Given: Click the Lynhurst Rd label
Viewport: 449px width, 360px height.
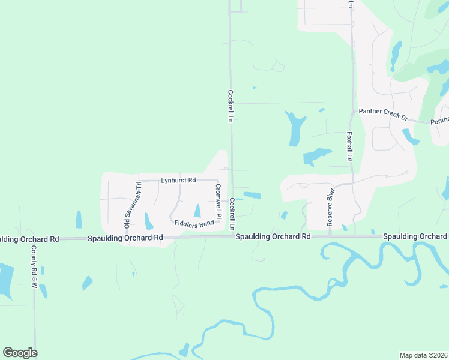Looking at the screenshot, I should point(178,180).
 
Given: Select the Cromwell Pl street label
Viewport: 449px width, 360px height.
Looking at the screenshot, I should point(218,201).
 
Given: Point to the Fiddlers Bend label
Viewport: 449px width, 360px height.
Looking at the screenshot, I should point(194,224).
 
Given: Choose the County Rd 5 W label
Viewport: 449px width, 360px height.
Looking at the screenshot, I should point(34,268).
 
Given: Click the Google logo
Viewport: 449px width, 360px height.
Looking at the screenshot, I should point(20,353).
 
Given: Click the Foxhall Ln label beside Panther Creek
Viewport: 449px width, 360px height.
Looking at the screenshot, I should point(349,147).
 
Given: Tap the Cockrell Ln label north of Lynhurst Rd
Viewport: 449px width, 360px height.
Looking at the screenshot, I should point(230,106).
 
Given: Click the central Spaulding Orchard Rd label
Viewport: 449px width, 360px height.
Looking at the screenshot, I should point(273,237).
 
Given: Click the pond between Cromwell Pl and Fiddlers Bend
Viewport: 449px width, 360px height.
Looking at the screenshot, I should point(197,211).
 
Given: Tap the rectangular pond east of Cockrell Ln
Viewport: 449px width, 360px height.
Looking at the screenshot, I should point(252,195).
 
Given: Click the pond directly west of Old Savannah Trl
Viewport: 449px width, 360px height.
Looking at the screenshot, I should point(79,220).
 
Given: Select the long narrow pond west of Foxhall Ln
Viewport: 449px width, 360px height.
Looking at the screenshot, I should point(294,128).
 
